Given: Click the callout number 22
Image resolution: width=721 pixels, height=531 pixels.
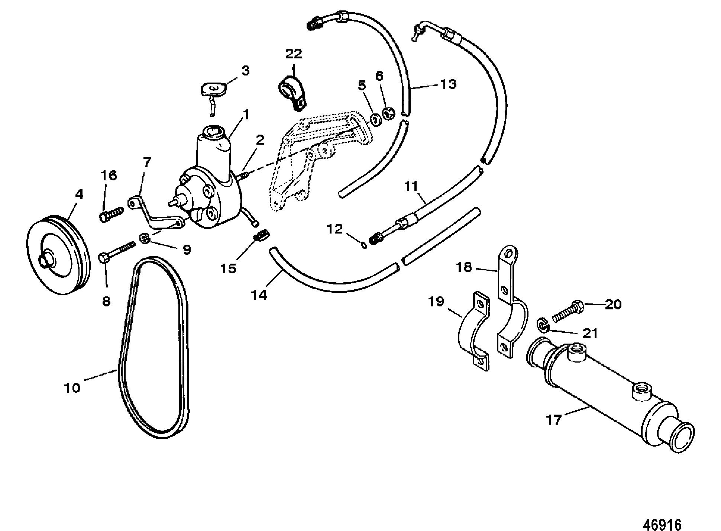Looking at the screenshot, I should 294,54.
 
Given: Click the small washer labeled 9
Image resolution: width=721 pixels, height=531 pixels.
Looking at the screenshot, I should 145,238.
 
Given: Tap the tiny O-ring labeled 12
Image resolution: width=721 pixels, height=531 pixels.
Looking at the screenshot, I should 365,245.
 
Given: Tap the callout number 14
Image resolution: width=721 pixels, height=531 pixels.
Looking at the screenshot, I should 259,295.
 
